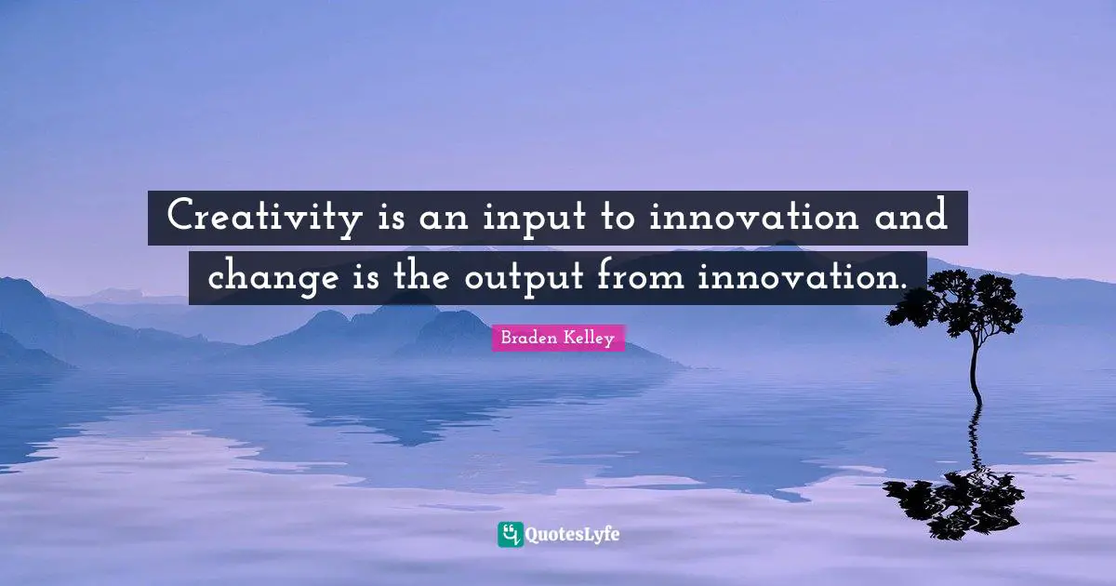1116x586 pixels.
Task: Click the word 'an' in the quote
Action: click(x=438, y=220)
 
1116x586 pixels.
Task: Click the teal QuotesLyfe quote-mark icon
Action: click(x=510, y=534)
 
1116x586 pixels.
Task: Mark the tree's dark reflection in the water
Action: click(x=958, y=498)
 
